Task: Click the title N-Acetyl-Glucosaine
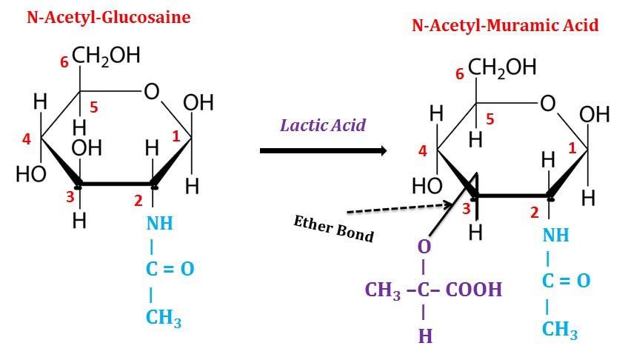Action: pyautogui.click(x=108, y=16)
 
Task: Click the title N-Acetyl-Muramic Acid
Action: pyautogui.click(x=505, y=25)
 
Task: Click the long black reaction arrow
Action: pyautogui.click(x=324, y=151)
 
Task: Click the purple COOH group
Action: pyautogui.click(x=473, y=289)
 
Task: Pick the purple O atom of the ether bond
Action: pyautogui.click(x=424, y=246)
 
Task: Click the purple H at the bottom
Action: pyautogui.click(x=424, y=336)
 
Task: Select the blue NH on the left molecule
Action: pyautogui.click(x=159, y=223)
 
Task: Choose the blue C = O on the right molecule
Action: pyautogui.click(x=567, y=281)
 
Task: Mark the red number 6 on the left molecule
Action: pyautogui.click(x=64, y=62)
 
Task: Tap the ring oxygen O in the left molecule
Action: pyautogui.click(x=151, y=91)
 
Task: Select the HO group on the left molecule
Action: pyautogui.click(x=31, y=174)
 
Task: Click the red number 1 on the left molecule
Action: pyautogui.click(x=176, y=136)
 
